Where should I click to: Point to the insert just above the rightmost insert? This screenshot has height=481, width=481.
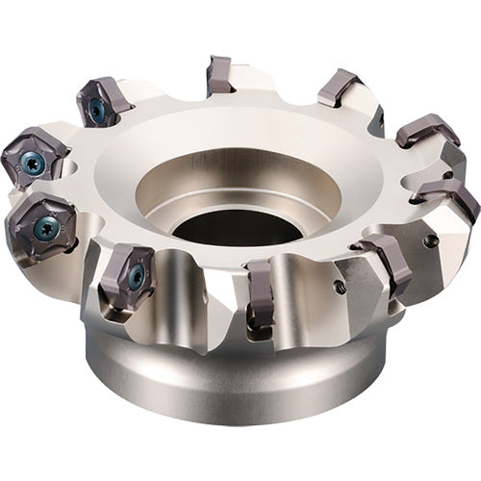coord(425,131)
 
